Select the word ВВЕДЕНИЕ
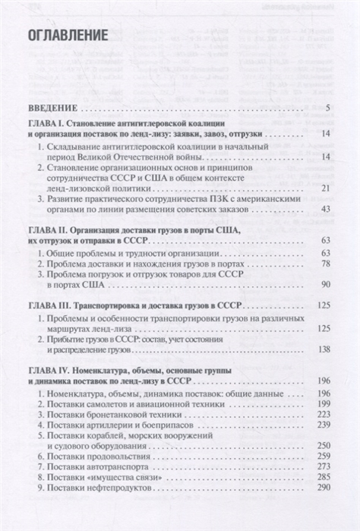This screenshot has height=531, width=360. (x=55, y=106)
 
